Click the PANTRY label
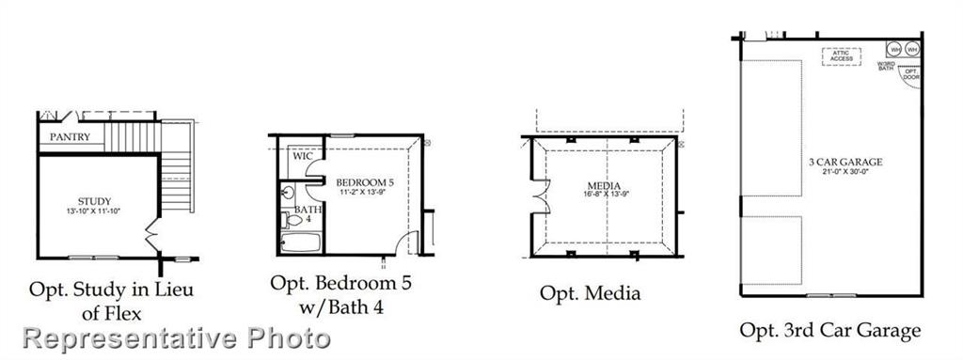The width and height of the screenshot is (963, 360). (71, 137)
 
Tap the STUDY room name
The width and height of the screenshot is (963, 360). (94, 200)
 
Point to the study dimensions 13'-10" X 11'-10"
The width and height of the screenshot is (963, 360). (94, 211)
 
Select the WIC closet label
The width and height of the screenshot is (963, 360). (302, 156)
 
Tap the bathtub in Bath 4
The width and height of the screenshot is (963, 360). (301, 242)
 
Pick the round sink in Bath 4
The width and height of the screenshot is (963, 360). (286, 194)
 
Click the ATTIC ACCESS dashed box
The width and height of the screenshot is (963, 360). (842, 56)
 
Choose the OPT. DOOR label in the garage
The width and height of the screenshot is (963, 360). (909, 72)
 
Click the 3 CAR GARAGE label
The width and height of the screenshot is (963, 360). (856, 162)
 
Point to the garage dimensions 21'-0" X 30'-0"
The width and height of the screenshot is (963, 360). (856, 171)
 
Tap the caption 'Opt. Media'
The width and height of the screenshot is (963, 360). (590, 293)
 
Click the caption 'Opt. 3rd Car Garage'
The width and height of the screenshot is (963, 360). (830, 330)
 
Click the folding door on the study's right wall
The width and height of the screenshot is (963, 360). (150, 231)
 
